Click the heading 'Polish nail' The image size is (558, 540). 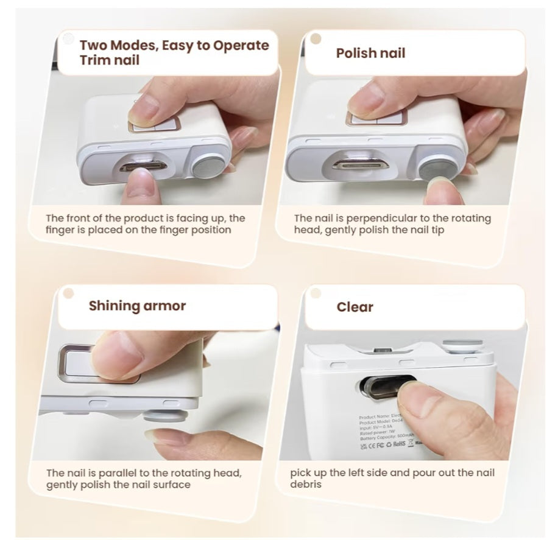[x=370, y=53]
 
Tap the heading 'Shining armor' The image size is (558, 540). [x=137, y=306]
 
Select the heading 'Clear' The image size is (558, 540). [x=355, y=307]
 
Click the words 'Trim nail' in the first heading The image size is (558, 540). [x=109, y=60]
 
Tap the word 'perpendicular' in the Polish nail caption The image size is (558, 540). [x=381, y=219]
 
